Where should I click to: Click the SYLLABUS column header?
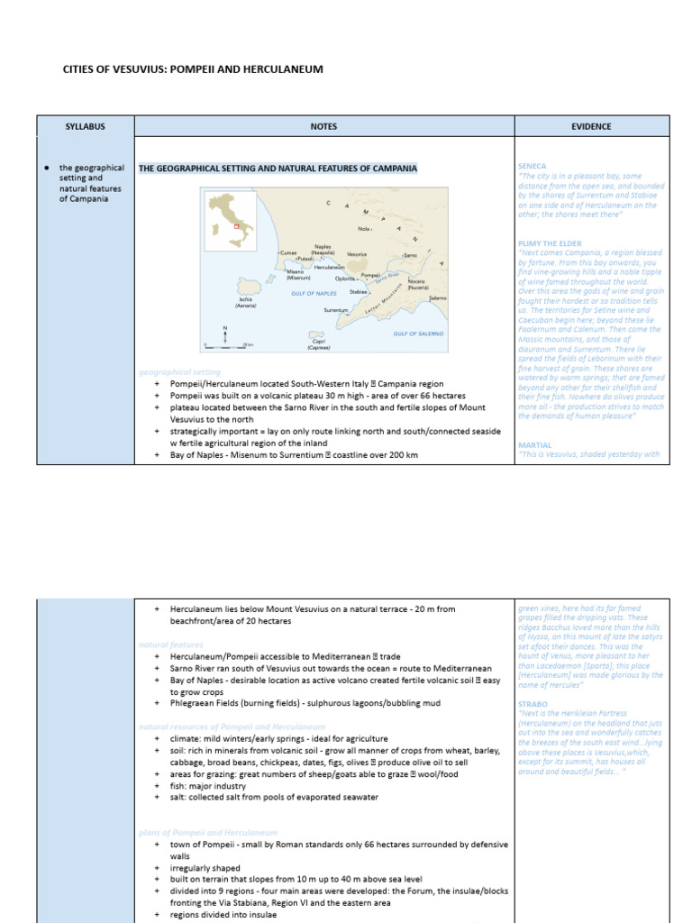coord(85,127)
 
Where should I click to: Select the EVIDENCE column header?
coord(591,127)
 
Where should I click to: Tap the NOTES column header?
coord(323,127)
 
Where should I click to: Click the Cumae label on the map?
coord(287,254)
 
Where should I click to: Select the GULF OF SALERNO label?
coord(418,334)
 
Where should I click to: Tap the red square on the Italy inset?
coord(236,226)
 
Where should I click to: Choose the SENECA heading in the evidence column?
coord(532,167)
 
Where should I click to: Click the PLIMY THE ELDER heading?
coord(550,243)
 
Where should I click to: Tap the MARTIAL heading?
coord(533,445)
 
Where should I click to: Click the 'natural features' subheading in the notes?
coord(171,644)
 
